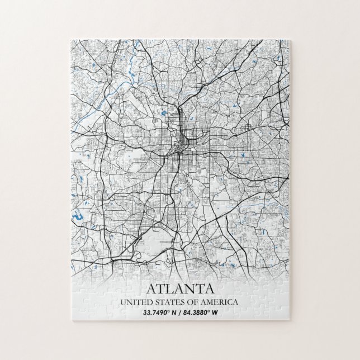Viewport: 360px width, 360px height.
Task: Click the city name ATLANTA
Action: click(x=180, y=289)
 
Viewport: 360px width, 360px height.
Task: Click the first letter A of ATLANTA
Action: click(x=150, y=289)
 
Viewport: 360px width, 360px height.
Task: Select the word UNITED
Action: click(x=136, y=302)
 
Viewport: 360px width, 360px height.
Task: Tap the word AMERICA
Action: click(x=220, y=302)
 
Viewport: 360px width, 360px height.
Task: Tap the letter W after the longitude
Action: click(x=222, y=312)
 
